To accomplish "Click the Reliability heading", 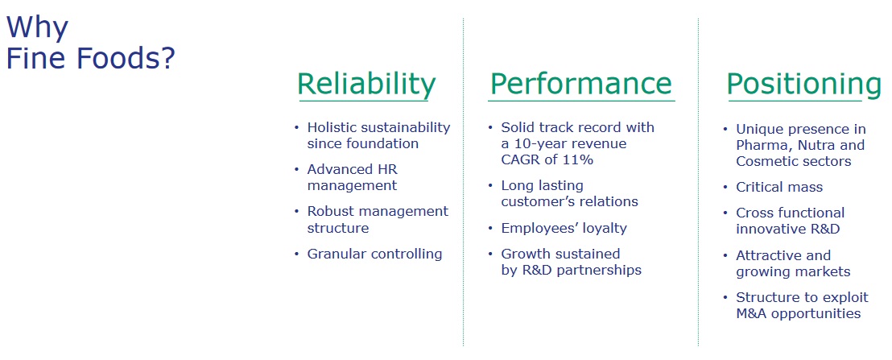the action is coord(365,85).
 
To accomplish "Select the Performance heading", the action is coord(580,84).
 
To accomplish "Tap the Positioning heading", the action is coord(803,85).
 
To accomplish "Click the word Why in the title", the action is coord(37,28).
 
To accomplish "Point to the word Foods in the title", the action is coord(125,59).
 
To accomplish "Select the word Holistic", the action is coord(335,126).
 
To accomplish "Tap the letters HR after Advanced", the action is coord(388,169).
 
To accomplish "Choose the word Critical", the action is coord(757,187).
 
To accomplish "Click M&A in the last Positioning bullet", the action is coord(750,313).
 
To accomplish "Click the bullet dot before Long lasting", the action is coord(490,186).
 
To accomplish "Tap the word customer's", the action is coord(536,201).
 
